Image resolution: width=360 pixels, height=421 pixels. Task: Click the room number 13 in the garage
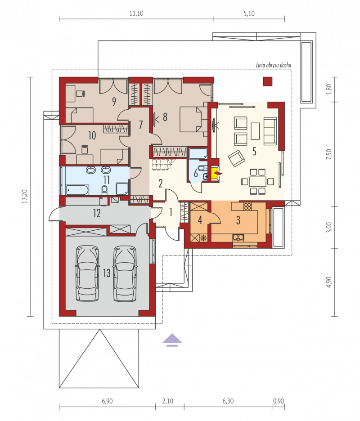[107, 273]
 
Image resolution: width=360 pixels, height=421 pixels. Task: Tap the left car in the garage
[87, 273]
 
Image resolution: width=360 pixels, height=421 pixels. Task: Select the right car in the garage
[125, 273]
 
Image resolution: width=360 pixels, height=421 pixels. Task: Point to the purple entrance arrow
[172, 340]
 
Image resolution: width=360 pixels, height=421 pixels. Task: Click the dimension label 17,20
[25, 196]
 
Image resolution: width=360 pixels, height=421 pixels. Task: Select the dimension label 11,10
[136, 13]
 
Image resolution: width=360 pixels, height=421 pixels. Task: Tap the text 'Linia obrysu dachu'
[274, 65]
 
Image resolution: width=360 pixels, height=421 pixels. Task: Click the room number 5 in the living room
[254, 152]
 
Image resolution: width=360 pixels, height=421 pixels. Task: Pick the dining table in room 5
[258, 181]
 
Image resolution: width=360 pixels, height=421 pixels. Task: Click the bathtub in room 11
[77, 189]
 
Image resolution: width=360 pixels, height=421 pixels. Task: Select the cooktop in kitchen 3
[247, 206]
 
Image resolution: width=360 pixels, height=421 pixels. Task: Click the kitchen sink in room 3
[238, 237]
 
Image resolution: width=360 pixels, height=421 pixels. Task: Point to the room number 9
[114, 102]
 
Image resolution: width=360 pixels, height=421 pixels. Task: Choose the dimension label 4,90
[329, 282]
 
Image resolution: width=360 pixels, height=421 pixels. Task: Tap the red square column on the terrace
[267, 81]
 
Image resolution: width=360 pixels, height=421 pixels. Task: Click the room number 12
[97, 213]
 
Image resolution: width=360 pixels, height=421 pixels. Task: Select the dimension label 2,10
[168, 401]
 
